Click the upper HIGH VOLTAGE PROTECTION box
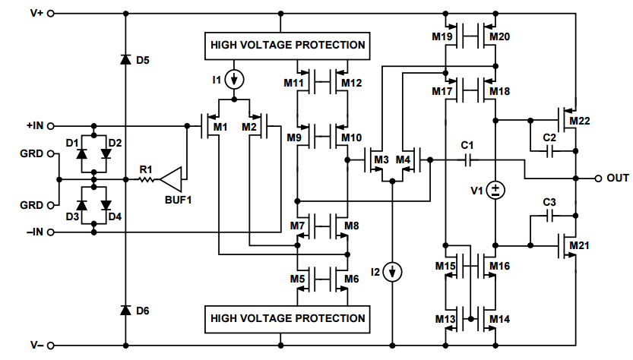click(288, 45)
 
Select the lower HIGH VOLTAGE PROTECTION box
click(288, 318)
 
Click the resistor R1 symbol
click(146, 180)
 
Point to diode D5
click(125, 59)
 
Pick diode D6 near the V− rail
click(125, 311)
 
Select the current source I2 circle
click(392, 271)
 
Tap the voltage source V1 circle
click(495, 190)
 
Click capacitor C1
click(467, 159)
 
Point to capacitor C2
click(549, 150)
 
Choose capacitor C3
click(549, 216)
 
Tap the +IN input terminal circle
click(52, 125)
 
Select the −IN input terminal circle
click(52, 232)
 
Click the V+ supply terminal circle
click(52, 14)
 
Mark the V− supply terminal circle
click(52, 346)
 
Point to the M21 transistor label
click(579, 245)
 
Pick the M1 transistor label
click(220, 127)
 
